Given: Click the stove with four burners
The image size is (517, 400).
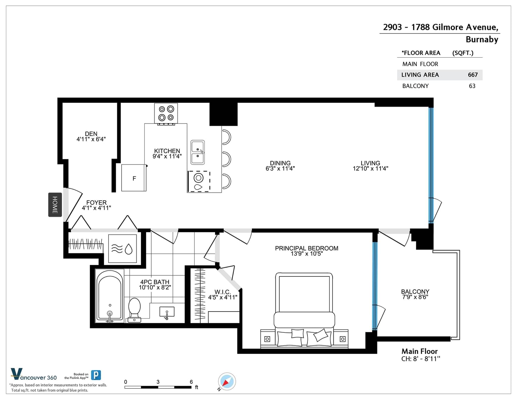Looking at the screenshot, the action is pyautogui.click(x=166, y=114).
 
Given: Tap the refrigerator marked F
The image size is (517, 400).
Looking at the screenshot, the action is pyautogui.click(x=134, y=178).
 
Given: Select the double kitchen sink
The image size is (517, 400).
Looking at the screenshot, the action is pyautogui.click(x=197, y=152).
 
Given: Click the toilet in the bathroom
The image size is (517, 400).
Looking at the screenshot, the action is pyautogui.click(x=134, y=310).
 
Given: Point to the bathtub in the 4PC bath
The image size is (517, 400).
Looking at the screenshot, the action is pyautogui.click(x=110, y=296).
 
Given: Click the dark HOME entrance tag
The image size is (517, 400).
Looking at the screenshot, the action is pyautogui.click(x=55, y=205).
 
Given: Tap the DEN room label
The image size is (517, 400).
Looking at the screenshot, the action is pyautogui.click(x=91, y=134).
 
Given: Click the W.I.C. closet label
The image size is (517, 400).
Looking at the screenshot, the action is pyautogui.click(x=223, y=292).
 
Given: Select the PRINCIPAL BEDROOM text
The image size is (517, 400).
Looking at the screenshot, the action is pyautogui.click(x=306, y=248).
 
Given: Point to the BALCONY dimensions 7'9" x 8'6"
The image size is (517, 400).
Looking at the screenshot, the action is pyautogui.click(x=415, y=297).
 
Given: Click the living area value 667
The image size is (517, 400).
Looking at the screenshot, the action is pyautogui.click(x=473, y=75).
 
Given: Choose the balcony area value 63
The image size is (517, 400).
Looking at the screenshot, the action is pyautogui.click(x=472, y=86).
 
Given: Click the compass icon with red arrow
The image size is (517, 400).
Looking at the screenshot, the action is pyautogui.click(x=227, y=381).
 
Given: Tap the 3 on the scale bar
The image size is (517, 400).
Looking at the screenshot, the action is pyautogui.click(x=158, y=382).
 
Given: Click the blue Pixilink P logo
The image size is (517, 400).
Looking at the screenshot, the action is pyautogui.click(x=96, y=375).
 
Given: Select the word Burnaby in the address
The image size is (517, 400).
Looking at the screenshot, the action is pyautogui.click(x=482, y=40).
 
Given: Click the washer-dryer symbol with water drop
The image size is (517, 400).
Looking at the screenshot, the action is pyautogui.click(x=122, y=248).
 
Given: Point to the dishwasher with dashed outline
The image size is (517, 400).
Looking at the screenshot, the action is pyautogui.click(x=199, y=181).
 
